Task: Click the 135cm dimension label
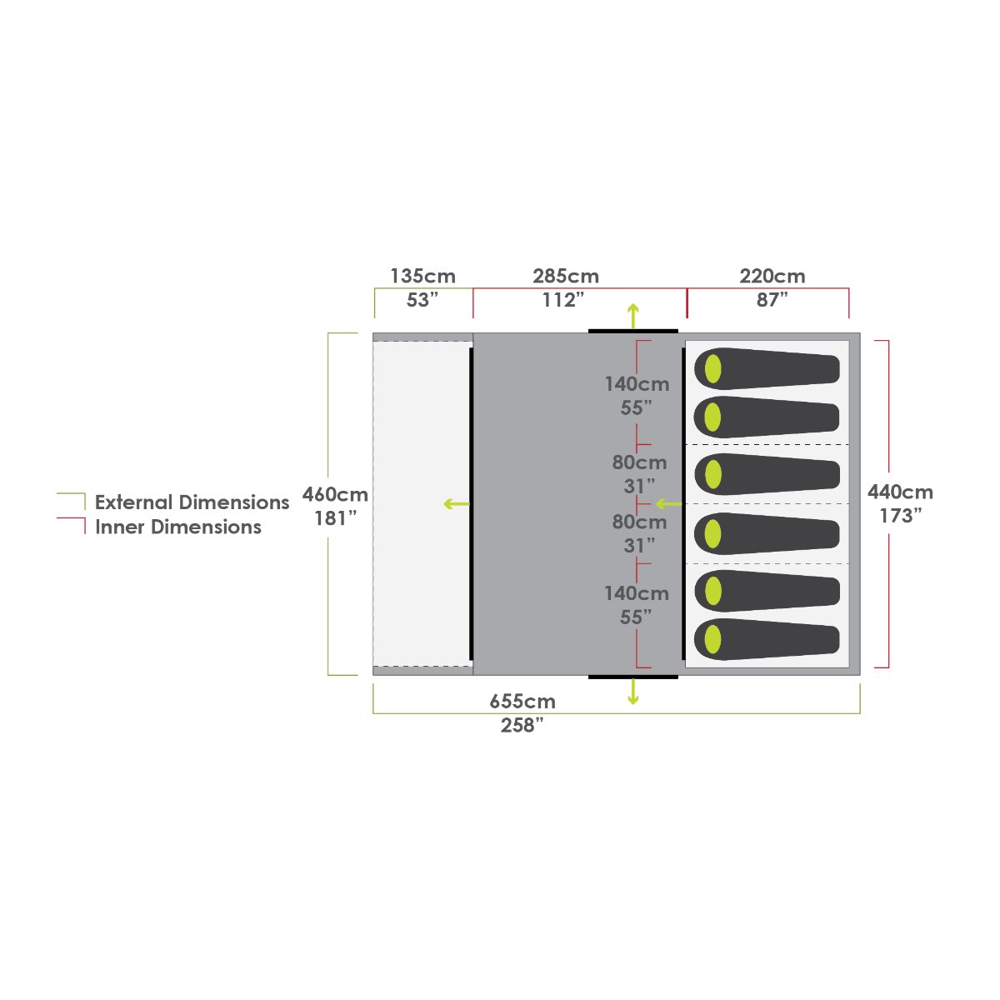422,276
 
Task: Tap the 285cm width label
566,276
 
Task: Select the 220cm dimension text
772,276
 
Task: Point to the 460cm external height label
335,494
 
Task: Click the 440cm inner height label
900,492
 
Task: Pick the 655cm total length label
522,702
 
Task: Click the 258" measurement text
522,725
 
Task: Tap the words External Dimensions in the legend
192,502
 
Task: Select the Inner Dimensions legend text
178,527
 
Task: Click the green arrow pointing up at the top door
632,316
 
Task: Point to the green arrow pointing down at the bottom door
632,692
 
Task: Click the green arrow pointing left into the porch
457,504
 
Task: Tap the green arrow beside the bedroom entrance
669,504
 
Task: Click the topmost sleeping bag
767,369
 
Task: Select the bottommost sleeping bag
767,639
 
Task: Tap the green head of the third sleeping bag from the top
713,474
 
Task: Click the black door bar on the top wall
633,331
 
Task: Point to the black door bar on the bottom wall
633,677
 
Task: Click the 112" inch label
563,300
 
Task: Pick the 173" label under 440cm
900,516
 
